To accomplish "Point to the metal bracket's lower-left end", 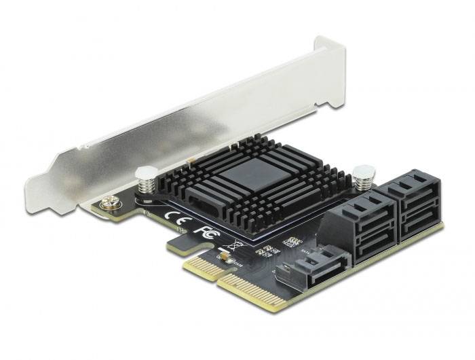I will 34,187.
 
